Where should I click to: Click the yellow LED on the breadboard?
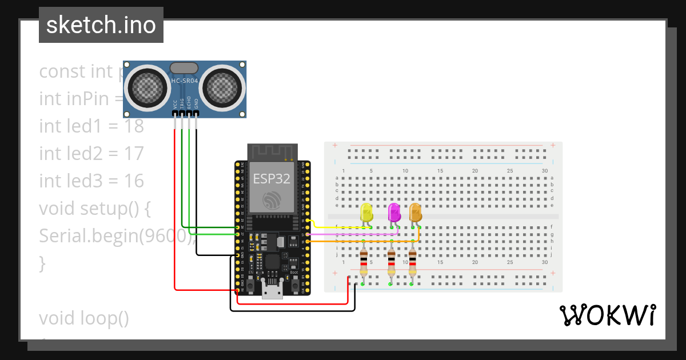366,213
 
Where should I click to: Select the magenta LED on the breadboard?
394,213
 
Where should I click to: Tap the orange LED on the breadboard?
415,213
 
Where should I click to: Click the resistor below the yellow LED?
363,263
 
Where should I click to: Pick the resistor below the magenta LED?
391,263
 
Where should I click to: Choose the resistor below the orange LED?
412,263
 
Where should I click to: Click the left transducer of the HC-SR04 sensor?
148,87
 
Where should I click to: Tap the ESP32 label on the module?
272,178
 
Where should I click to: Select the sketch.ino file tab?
101,25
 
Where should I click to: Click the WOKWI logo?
607,315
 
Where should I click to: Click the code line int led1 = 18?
91,126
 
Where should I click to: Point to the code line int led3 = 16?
91,181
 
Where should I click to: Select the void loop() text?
84,318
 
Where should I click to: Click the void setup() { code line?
95,209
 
